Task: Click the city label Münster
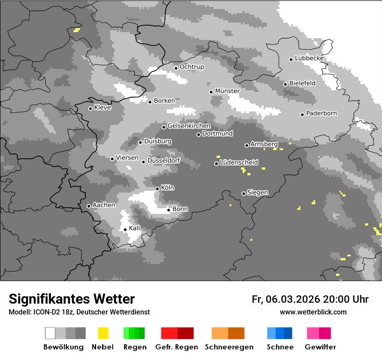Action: click(x=227, y=91)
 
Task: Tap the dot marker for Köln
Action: click(x=157, y=189)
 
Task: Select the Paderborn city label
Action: click(x=322, y=114)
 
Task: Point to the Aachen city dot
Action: click(x=89, y=206)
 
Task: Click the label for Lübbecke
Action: click(x=310, y=58)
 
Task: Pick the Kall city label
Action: click(x=135, y=228)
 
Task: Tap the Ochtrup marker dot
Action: click(x=176, y=68)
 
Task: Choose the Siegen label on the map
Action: click(x=258, y=193)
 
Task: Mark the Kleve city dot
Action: click(x=90, y=108)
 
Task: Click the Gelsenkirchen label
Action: click(x=189, y=126)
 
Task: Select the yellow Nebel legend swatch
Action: click(x=103, y=333)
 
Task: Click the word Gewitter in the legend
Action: click(x=320, y=347)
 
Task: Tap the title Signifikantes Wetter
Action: click(x=72, y=299)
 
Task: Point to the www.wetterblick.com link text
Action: click(x=313, y=312)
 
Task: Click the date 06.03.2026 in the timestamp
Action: click(x=293, y=299)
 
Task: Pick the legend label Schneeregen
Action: click(x=228, y=347)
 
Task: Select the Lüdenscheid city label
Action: click(x=239, y=163)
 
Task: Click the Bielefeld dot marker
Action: click(x=285, y=84)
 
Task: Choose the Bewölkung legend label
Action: click(x=63, y=347)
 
